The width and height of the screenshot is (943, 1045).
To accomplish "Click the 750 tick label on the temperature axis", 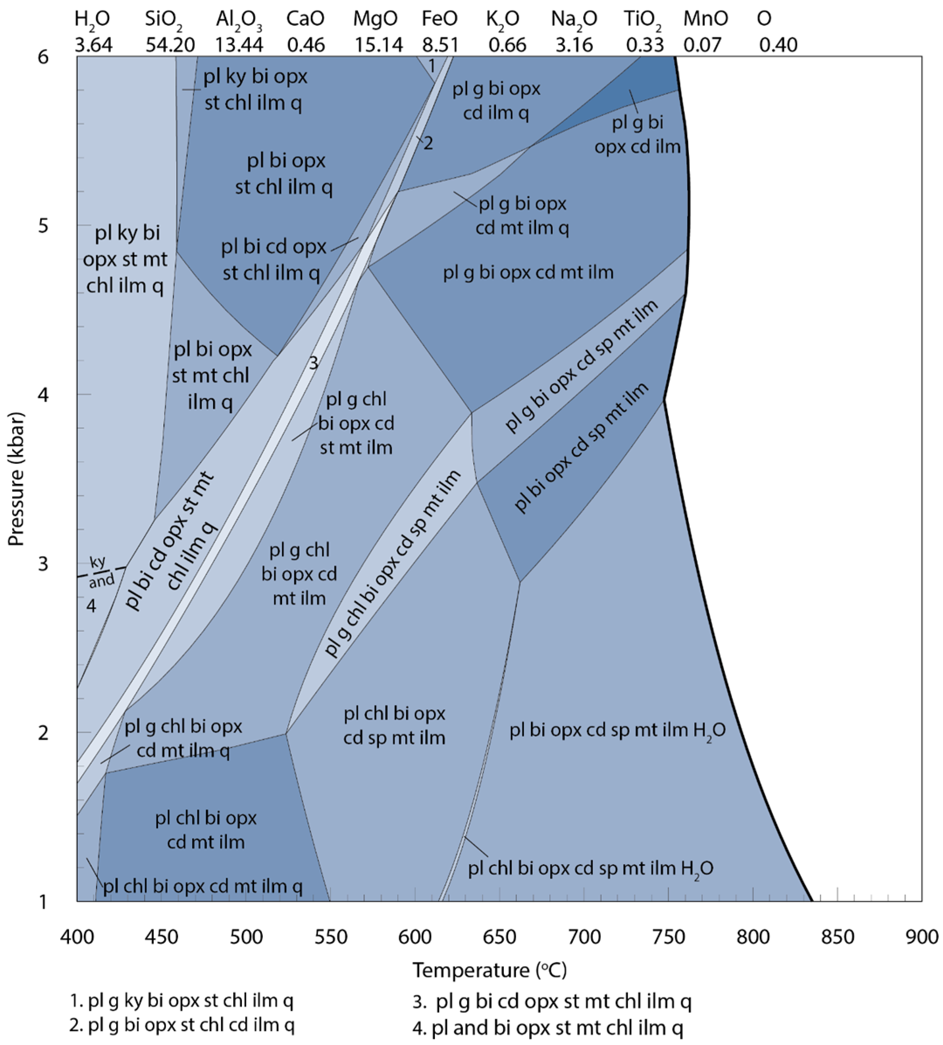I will pyautogui.click(x=668, y=937).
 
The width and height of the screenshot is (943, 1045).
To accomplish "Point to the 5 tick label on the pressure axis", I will pyautogui.click(x=43, y=226).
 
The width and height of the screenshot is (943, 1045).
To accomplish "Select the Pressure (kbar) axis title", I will pyautogui.click(x=17, y=479).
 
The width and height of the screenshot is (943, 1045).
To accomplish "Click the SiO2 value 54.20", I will pyautogui.click(x=170, y=45).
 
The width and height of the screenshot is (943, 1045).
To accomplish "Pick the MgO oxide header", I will pyautogui.click(x=375, y=19).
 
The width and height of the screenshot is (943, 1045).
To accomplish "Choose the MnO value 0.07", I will pyautogui.click(x=702, y=45).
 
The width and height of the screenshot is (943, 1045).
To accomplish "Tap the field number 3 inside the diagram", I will pyautogui.click(x=313, y=363).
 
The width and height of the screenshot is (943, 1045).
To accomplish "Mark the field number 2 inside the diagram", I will pyautogui.click(x=428, y=143).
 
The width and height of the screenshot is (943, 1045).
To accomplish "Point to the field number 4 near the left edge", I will pyautogui.click(x=91, y=605).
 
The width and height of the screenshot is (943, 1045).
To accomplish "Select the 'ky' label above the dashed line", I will pyautogui.click(x=97, y=562).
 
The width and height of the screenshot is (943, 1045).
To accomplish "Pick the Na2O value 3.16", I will pyautogui.click(x=574, y=45).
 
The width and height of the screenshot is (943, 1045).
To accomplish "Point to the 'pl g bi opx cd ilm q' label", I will pyautogui.click(x=496, y=100).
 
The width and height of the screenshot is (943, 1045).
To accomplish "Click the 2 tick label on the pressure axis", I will pyautogui.click(x=43, y=733).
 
